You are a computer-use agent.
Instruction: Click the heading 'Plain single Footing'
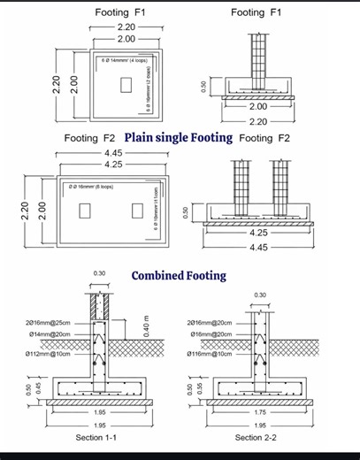[x=179, y=137]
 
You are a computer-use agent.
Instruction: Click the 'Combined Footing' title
[x=179, y=275]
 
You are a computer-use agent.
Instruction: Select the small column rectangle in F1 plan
[x=126, y=85]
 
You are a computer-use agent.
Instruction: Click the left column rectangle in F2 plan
[x=85, y=211]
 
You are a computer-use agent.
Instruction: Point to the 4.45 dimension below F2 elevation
[x=258, y=248]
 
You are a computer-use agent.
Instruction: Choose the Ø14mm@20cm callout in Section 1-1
[x=50, y=334]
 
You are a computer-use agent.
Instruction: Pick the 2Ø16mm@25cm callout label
[x=50, y=324]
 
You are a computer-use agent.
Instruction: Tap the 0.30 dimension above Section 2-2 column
[x=260, y=295]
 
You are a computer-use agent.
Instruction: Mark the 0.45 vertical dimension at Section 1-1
[x=39, y=388]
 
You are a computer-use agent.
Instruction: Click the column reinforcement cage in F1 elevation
[x=257, y=58]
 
